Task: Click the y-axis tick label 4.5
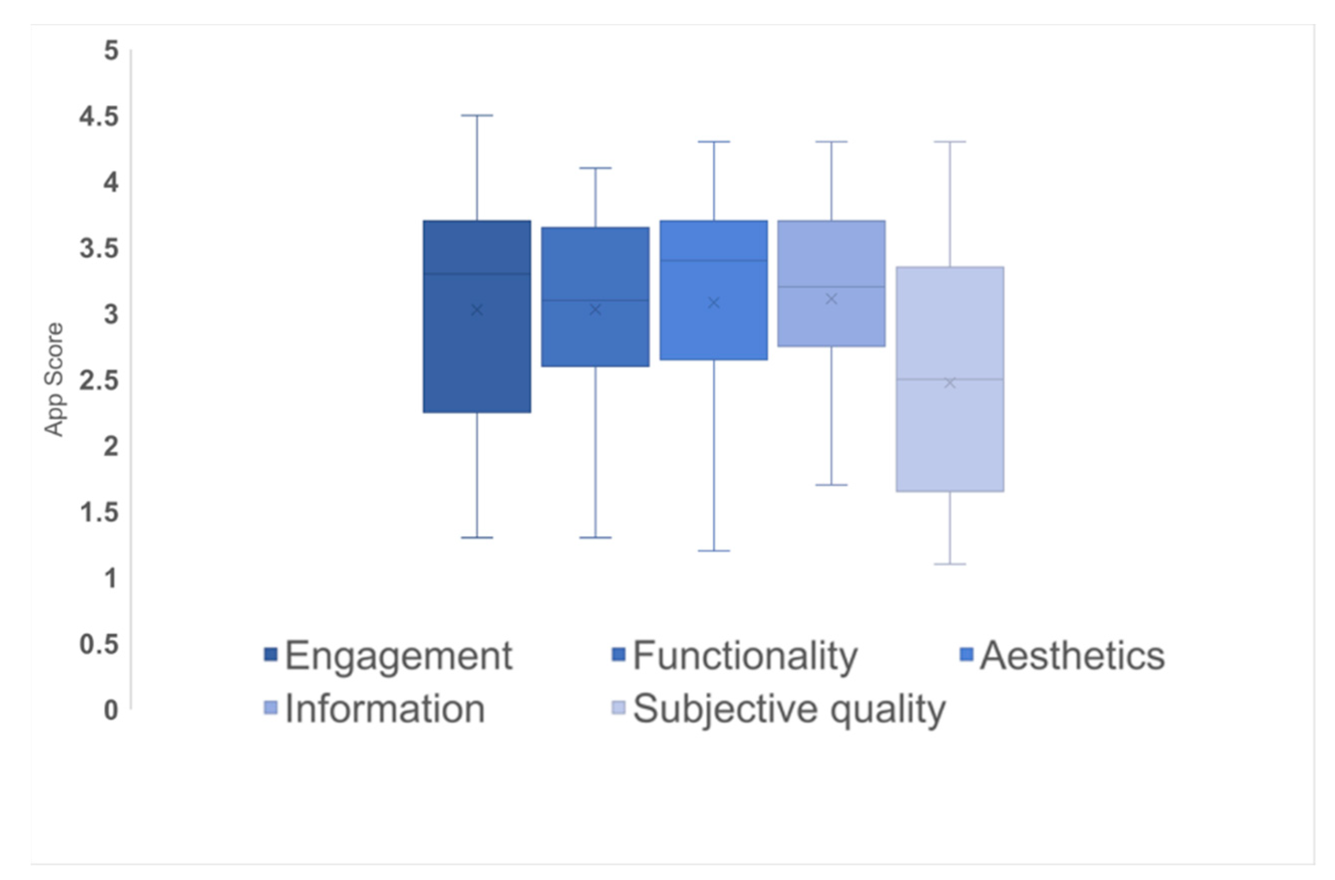coord(99,117)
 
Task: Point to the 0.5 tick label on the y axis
coord(99,644)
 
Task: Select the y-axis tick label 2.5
coord(99,381)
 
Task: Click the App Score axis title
coord(55,380)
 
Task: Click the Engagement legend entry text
coord(398,655)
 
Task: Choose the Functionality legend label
coord(745,655)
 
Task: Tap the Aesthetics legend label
coord(1072,655)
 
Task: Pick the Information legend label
coord(385,709)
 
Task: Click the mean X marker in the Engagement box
coord(477,310)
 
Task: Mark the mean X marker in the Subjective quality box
coord(950,383)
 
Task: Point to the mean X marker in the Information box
coord(831,299)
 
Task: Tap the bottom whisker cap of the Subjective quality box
coord(950,564)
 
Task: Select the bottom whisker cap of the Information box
coord(831,485)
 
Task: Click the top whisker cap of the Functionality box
coord(595,168)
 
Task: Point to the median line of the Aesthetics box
coord(714,260)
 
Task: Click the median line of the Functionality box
coord(595,300)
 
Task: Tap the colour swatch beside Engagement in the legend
coord(270,655)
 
